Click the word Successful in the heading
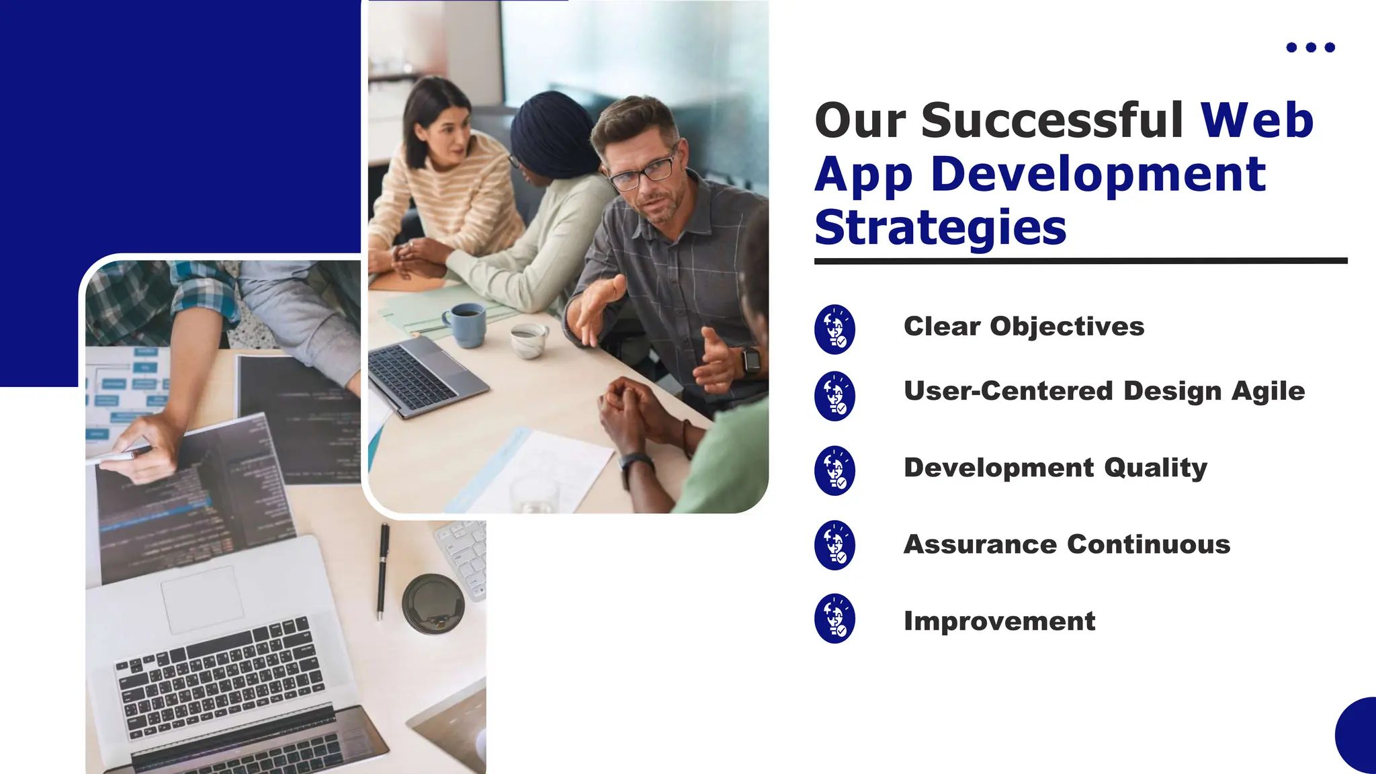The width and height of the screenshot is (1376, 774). [1051, 121]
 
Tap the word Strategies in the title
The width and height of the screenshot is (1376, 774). [940, 228]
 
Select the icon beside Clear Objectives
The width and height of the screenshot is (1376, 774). [834, 329]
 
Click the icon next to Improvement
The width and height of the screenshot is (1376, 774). [834, 619]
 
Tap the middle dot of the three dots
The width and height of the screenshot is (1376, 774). [1310, 47]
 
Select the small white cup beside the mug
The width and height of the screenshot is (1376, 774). [528, 339]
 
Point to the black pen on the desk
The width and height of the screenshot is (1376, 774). [382, 570]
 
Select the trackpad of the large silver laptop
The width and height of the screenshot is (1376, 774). [202, 599]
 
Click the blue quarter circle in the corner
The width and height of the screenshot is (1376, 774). [1358, 738]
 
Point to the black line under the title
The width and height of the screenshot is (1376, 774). [1080, 261]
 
